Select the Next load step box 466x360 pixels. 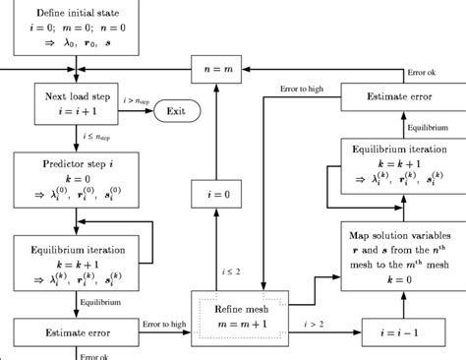pos(75,103)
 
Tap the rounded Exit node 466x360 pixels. pos(176,111)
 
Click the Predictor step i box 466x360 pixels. pos(75,176)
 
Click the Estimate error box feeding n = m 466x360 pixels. pos(401,96)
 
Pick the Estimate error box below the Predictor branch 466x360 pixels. pos(75,333)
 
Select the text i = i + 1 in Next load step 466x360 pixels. pos(75,111)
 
